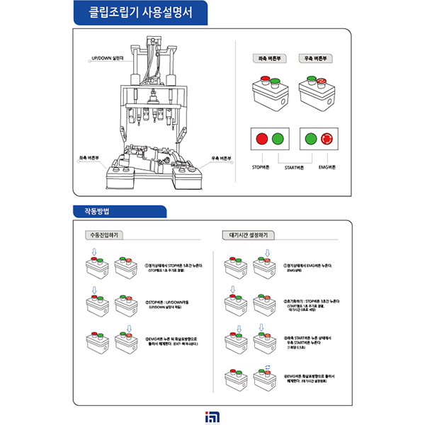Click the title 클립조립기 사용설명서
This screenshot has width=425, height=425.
coord(134,12)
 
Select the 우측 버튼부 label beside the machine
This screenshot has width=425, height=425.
coord(222,159)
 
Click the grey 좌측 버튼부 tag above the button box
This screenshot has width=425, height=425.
coord(269,59)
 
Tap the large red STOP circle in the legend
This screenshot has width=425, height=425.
coord(262,137)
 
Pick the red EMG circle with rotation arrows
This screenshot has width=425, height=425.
coord(327,137)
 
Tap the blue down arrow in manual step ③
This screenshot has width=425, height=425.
coord(128,327)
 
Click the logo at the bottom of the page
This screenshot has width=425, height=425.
coord(212,412)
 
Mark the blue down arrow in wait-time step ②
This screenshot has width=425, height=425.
coord(232,289)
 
